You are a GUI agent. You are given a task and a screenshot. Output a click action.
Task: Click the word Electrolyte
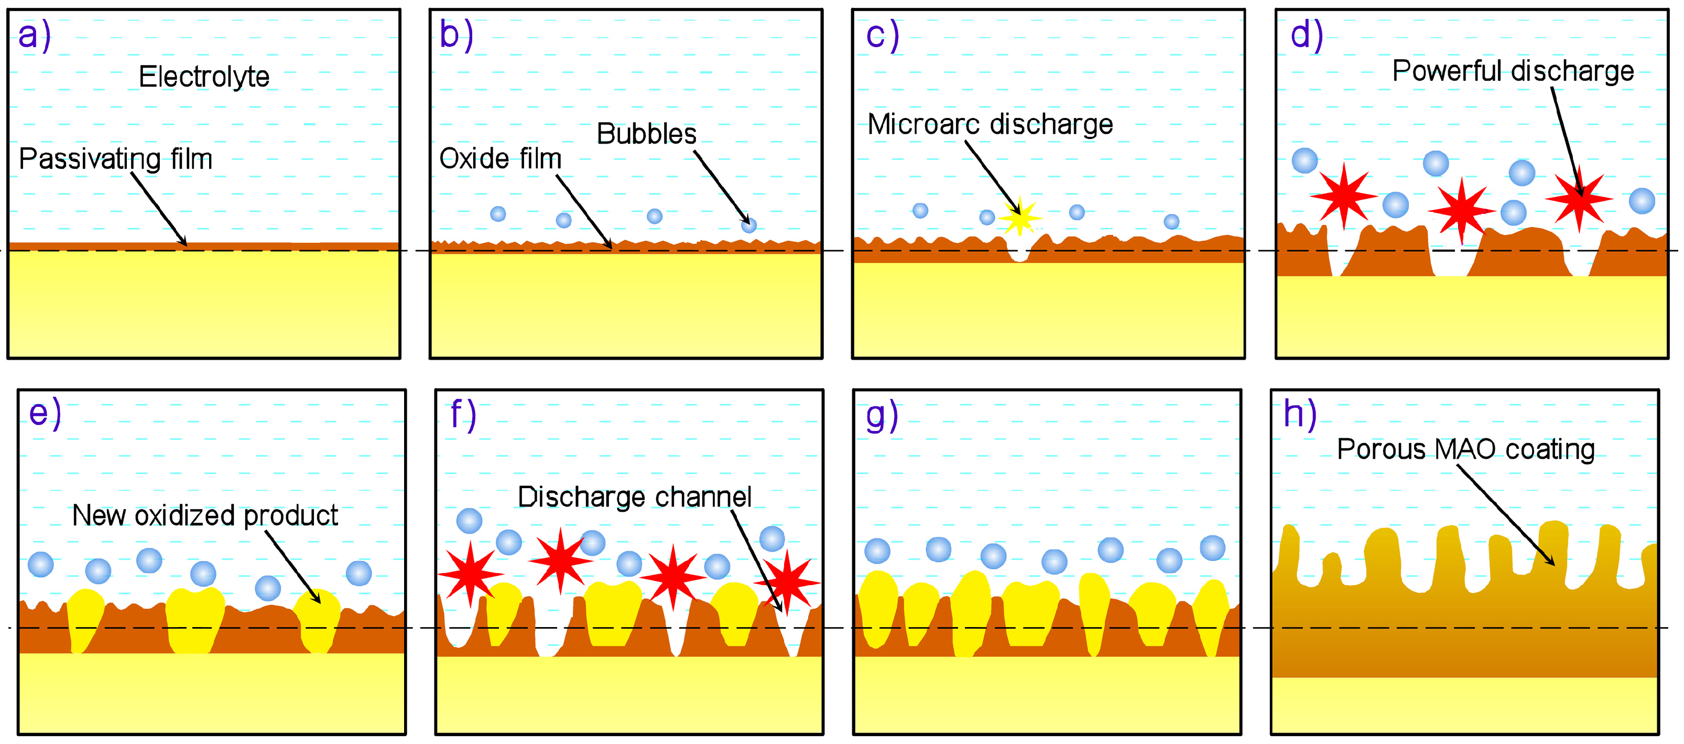204,77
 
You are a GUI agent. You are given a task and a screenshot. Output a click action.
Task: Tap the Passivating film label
116,159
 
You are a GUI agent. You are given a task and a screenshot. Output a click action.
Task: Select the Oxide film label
500,159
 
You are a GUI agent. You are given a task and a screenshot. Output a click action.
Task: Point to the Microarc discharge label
990,125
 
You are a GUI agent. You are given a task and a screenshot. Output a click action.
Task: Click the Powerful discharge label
1513,71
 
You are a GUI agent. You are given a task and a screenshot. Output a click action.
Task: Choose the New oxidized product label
204,516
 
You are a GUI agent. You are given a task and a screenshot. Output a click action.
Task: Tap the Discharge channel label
634,498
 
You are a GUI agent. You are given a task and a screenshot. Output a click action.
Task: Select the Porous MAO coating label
1465,450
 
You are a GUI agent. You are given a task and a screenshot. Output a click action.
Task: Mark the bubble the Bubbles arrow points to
748,225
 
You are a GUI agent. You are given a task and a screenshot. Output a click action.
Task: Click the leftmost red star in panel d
1343,196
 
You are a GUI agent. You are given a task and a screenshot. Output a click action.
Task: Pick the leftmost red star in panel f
470,574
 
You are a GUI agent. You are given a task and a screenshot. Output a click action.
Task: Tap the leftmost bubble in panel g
877,551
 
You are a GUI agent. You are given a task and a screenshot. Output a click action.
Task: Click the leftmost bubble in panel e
40,564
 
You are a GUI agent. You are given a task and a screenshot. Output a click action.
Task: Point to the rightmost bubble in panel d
1642,201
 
